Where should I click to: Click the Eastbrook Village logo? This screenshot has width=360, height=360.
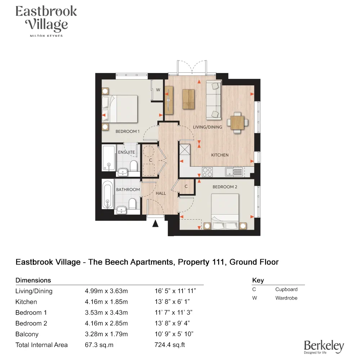click(46, 21)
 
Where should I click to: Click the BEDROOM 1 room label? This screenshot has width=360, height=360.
click(127, 131)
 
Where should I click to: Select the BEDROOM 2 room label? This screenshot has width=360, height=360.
click(225, 187)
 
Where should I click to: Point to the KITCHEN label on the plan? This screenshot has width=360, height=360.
click(220, 155)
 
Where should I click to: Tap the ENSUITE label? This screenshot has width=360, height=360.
click(126, 152)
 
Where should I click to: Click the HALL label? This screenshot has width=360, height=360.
click(161, 193)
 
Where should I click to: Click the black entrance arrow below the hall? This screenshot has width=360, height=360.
click(155, 224)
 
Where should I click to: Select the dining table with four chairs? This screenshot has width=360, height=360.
click(237, 122)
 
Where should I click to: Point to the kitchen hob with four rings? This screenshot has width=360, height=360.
click(207, 172)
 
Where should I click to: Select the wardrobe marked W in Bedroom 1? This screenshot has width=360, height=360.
click(158, 90)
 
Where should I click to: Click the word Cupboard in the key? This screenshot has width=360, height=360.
click(286, 289)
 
